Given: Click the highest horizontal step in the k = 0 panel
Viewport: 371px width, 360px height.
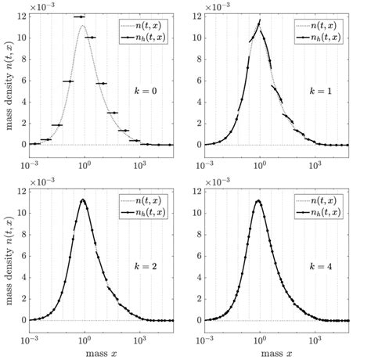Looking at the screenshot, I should coord(79,16).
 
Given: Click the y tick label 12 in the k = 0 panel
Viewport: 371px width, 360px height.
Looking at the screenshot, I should coord(22,16).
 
